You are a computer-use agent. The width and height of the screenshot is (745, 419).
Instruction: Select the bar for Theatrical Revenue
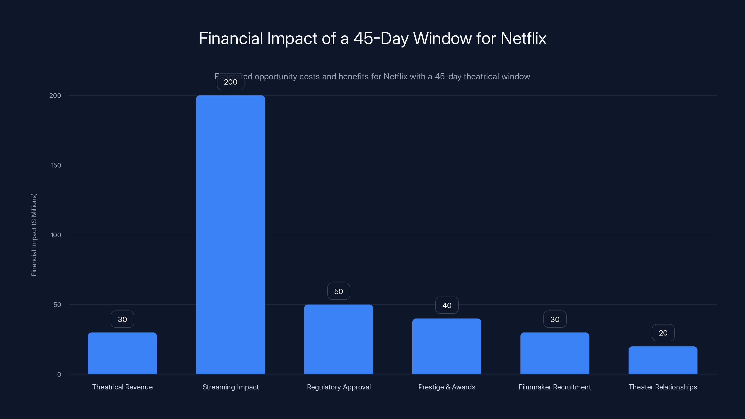click(122, 353)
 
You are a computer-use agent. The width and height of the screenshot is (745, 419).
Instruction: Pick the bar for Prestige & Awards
click(447, 346)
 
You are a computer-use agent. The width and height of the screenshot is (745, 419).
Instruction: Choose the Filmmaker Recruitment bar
click(555, 353)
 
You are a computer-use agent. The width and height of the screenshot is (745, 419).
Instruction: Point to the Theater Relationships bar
click(663, 360)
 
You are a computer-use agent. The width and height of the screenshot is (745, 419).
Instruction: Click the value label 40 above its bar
click(447, 305)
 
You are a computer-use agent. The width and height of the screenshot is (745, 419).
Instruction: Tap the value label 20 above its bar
click(663, 333)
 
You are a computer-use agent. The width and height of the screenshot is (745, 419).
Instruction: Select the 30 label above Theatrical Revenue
click(122, 319)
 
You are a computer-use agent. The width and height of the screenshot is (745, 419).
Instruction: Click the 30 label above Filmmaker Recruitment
click(555, 319)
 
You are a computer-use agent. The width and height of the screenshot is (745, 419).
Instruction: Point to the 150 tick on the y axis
click(56, 165)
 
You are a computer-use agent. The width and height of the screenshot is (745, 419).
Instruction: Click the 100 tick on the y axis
click(56, 235)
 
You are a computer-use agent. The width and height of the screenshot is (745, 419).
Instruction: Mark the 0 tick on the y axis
click(59, 375)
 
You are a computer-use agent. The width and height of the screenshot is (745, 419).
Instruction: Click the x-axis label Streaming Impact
click(230, 387)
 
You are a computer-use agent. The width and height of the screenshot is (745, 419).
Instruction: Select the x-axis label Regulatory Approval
click(339, 387)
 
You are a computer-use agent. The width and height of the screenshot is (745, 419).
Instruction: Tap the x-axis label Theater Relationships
click(663, 387)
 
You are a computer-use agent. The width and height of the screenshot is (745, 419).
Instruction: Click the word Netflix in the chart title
click(523, 38)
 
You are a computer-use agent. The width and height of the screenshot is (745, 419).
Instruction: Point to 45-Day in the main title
click(381, 38)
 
